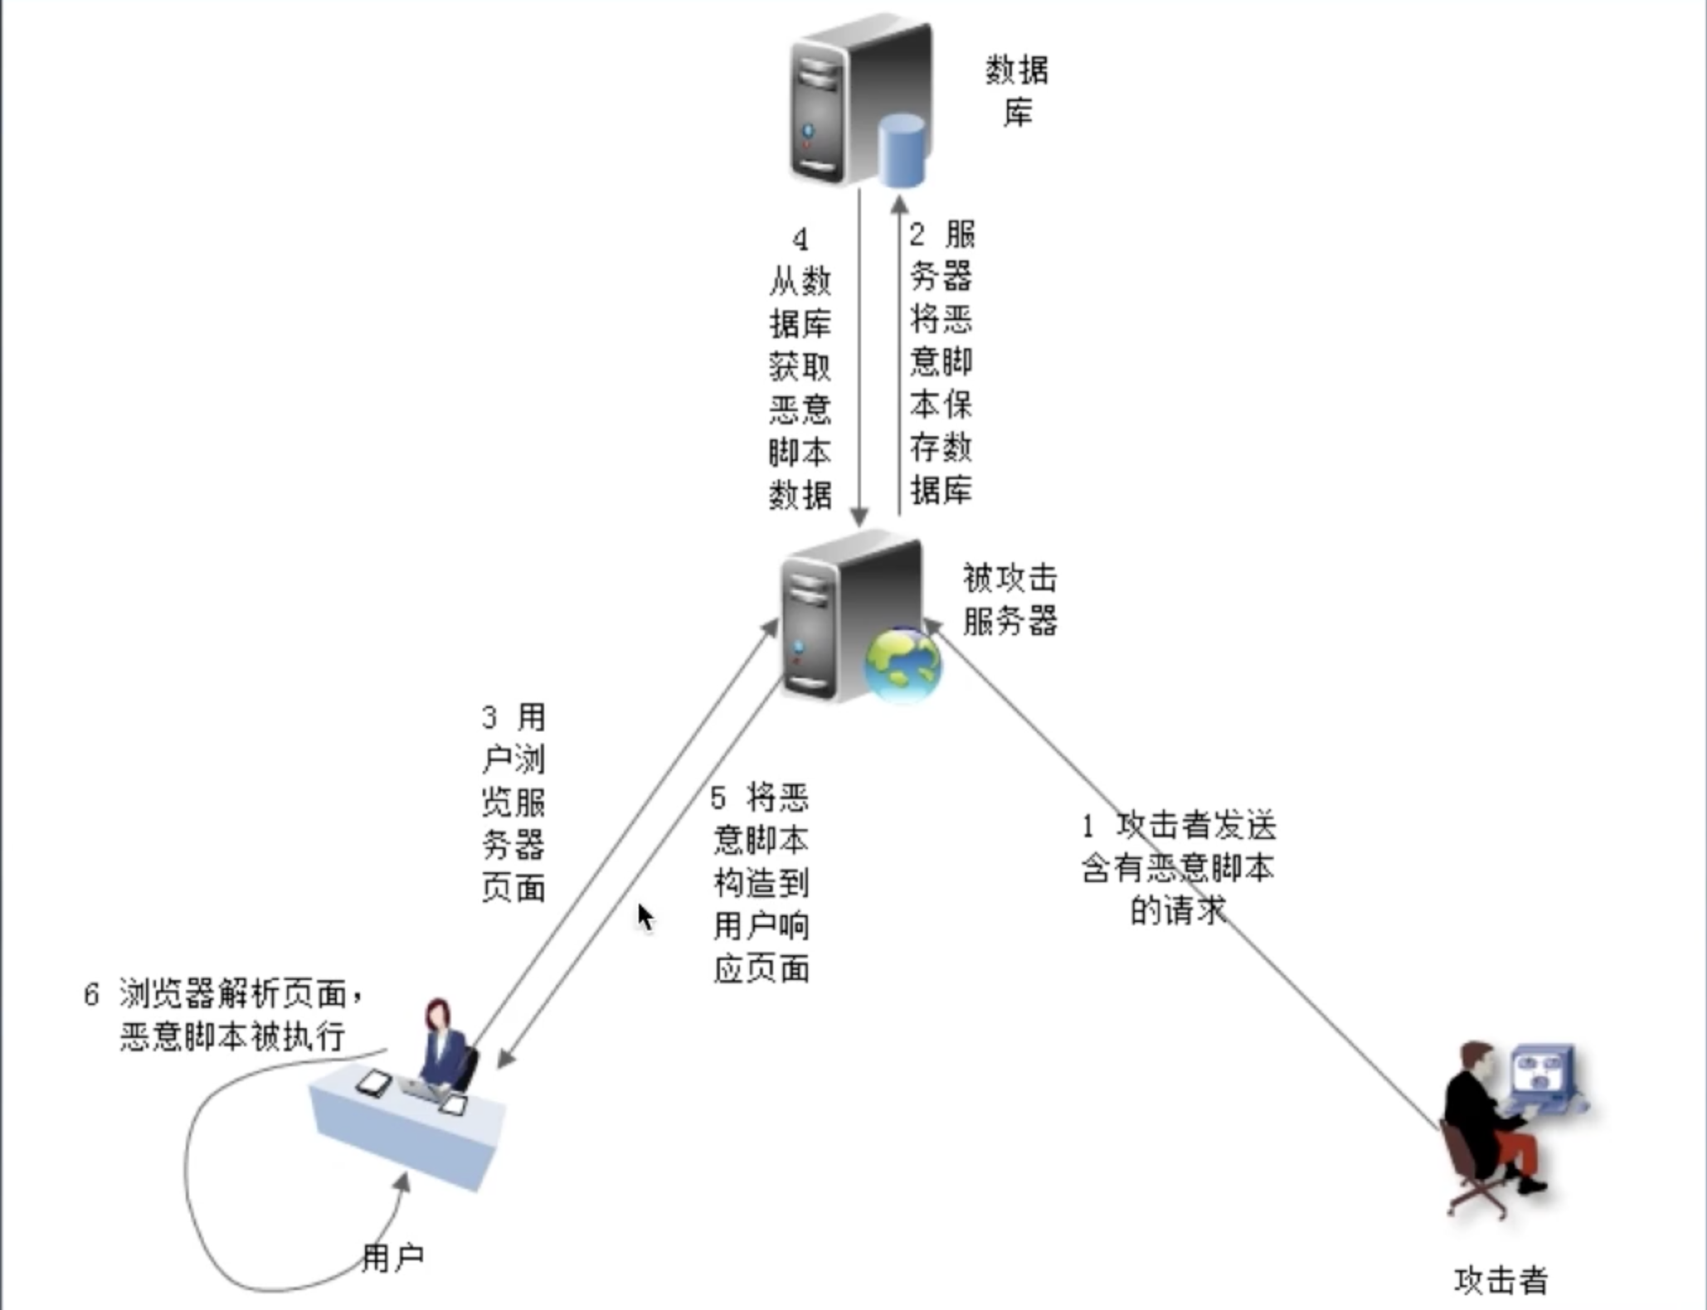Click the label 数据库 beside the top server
1017,90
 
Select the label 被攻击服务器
1009,599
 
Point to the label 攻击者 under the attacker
1501,1280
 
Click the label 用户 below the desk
392,1258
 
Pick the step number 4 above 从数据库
800,240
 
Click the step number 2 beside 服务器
917,235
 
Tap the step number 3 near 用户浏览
489,717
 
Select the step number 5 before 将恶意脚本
718,798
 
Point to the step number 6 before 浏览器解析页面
91,993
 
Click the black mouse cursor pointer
644,916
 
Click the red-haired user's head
437,1014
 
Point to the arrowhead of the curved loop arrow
404,1181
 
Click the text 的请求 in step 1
1177,911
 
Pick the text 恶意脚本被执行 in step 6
232,1036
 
